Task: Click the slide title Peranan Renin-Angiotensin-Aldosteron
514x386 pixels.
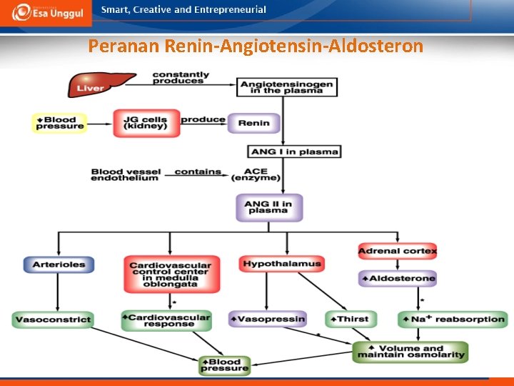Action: [256, 47]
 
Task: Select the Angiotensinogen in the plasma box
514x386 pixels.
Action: [287, 86]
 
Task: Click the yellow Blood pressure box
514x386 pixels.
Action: [59, 123]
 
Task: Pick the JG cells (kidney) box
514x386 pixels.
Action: [145, 123]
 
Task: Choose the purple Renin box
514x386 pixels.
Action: [253, 123]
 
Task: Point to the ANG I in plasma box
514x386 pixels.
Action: [294, 152]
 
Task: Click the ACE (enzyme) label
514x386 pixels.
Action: [261, 174]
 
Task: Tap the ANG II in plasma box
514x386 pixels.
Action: [268, 207]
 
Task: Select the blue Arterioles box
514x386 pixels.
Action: [59, 264]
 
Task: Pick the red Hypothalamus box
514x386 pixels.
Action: [282, 264]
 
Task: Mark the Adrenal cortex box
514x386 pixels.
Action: [397, 251]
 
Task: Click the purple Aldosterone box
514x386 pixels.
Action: [397, 278]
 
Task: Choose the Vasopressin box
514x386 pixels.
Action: [267, 319]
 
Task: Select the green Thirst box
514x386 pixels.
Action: [351, 319]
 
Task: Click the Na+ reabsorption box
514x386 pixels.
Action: [453, 319]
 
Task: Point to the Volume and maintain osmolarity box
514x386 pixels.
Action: [411, 352]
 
